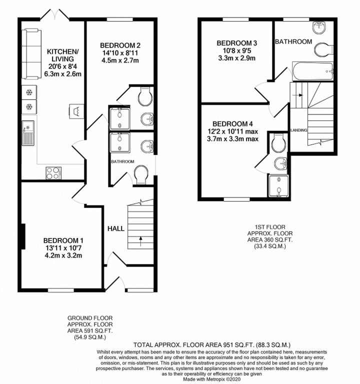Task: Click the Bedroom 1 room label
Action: (63, 240)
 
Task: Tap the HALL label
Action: (116, 228)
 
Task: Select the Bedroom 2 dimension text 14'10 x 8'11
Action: (120, 53)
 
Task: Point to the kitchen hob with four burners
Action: (53, 173)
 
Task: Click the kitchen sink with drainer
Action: (28, 133)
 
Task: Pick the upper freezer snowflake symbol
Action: (29, 92)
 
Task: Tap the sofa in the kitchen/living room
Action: (31, 54)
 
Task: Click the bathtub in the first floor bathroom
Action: (312, 71)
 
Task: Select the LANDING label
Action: (298, 130)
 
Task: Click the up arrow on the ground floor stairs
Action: (140, 240)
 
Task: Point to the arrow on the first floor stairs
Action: (299, 95)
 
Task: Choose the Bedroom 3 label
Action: (237, 43)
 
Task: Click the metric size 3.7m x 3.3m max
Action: (232, 139)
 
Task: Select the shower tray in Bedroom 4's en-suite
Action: (278, 186)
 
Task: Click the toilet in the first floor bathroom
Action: (323, 50)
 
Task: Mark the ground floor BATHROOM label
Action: (122, 161)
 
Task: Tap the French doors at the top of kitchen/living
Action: (54, 14)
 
